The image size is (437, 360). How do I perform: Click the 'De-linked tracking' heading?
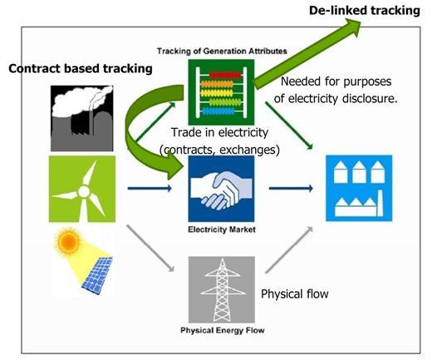point(365,11)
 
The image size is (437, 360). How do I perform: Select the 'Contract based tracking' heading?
point(81,69)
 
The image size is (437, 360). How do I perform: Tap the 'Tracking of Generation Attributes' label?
point(222,51)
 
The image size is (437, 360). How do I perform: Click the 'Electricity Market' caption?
point(222,229)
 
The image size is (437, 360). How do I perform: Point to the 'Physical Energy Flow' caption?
point(223,330)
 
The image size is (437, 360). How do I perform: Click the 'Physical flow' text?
point(295,294)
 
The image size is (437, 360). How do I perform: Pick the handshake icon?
point(221,189)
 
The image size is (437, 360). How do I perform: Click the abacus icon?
point(221,92)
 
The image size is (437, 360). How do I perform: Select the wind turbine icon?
point(82,189)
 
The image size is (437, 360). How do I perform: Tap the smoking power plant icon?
point(82,118)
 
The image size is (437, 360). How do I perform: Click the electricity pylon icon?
point(222,289)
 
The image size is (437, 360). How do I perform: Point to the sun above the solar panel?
point(68,239)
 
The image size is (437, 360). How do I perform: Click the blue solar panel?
point(98,275)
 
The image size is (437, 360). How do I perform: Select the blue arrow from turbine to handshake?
point(150,188)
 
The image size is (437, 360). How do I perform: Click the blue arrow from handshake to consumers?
point(291,188)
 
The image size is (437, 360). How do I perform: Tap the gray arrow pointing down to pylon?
point(150,249)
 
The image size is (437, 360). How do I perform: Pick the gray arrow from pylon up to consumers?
point(289,250)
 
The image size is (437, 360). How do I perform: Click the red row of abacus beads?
point(225,75)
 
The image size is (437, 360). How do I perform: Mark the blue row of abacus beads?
point(218,111)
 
